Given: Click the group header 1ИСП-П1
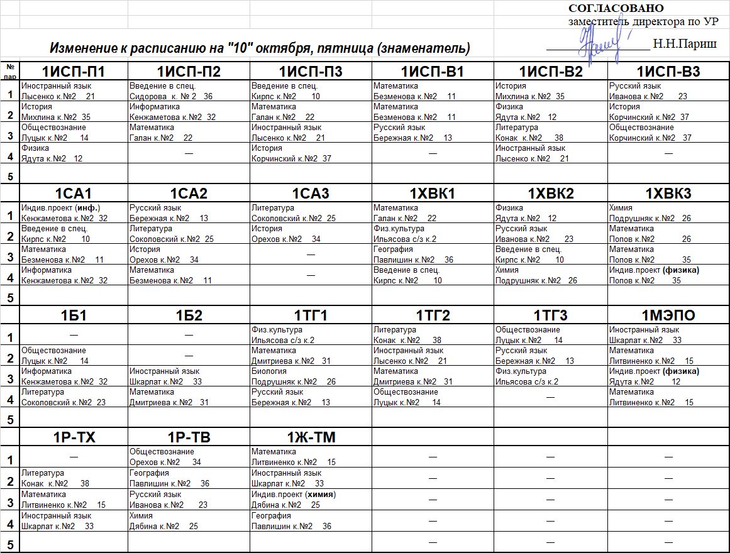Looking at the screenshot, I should [x=74, y=72].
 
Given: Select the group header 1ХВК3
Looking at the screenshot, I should [x=668, y=194].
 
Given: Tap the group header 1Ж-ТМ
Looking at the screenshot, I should [x=311, y=437].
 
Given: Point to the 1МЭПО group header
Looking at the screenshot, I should [x=668, y=315].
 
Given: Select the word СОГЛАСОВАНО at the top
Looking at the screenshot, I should [x=616, y=8].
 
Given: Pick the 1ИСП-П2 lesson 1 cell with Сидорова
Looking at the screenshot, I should [x=189, y=91].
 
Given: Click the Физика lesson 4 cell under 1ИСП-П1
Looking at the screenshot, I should [x=74, y=153].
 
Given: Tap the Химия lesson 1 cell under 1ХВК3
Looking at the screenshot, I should [x=668, y=213].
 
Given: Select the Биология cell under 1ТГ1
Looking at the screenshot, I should [x=311, y=376].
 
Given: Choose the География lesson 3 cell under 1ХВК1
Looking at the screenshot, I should [x=433, y=254].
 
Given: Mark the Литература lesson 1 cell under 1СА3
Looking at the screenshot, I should [x=311, y=213].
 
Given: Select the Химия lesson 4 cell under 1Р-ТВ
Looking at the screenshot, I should [x=189, y=520].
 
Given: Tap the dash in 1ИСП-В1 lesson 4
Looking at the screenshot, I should [x=433, y=153].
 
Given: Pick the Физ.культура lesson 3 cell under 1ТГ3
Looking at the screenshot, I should [x=550, y=376].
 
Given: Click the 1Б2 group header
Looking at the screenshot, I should [x=189, y=315].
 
